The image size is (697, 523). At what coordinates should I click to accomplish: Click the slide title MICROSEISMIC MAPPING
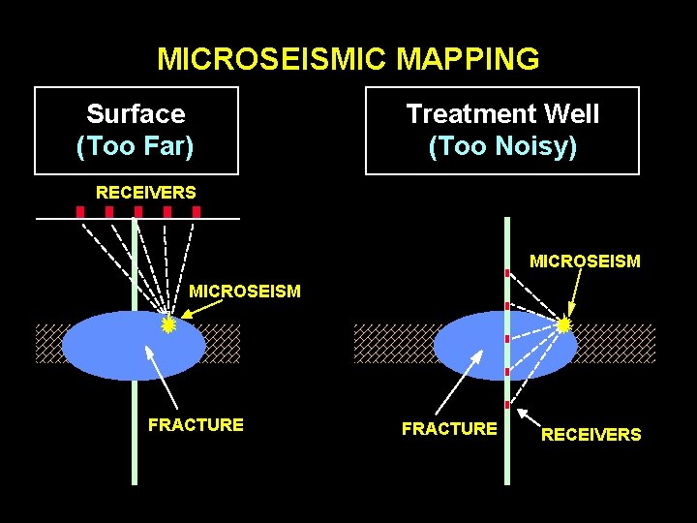tap(348, 59)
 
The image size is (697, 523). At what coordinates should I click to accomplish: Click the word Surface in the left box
tap(136, 114)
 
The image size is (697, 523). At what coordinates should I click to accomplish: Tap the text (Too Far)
tap(136, 146)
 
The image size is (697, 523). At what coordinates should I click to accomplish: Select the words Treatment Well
tap(502, 114)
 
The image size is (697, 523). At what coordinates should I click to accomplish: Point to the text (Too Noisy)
tap(502, 146)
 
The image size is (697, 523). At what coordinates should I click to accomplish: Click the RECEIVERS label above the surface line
tap(145, 193)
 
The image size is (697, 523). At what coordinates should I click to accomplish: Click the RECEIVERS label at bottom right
tap(591, 435)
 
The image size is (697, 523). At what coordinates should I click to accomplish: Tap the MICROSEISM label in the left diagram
tap(245, 291)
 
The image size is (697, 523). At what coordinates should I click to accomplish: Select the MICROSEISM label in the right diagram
tap(585, 261)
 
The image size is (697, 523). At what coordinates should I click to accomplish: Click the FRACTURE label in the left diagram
tap(196, 424)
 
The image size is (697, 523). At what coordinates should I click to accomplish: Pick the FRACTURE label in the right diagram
tap(449, 428)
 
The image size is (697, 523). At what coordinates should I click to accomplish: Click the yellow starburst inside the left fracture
tap(168, 325)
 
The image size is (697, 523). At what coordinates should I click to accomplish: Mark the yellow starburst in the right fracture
tap(564, 325)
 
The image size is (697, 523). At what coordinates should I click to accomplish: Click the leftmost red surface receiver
tap(80, 211)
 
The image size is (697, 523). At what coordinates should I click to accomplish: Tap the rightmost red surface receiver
tap(197, 211)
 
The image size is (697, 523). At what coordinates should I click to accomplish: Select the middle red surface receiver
tap(138, 211)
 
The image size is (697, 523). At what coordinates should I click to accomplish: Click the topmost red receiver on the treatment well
tap(507, 274)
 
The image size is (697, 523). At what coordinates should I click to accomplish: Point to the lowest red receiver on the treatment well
tap(507, 404)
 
